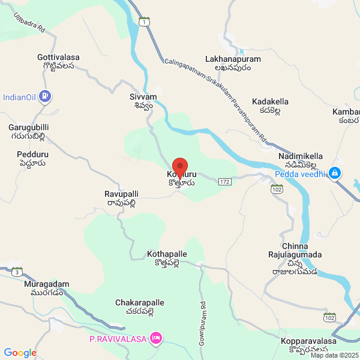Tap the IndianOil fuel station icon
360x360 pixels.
coord(44,96)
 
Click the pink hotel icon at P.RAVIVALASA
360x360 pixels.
coord(156,338)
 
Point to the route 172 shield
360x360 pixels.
coord(224,181)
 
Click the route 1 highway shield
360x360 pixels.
coord(144,22)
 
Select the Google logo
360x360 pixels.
coord(20,353)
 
